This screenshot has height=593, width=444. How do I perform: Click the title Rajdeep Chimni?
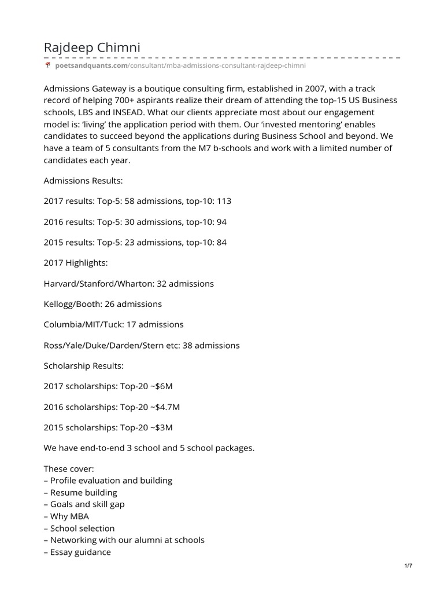pos(92,47)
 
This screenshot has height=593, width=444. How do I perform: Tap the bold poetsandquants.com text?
pos(91,67)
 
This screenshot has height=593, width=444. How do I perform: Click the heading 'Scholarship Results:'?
pos(83,366)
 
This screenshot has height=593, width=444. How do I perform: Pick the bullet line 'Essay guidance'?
pos(77,552)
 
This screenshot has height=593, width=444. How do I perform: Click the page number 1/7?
pos(408,566)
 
